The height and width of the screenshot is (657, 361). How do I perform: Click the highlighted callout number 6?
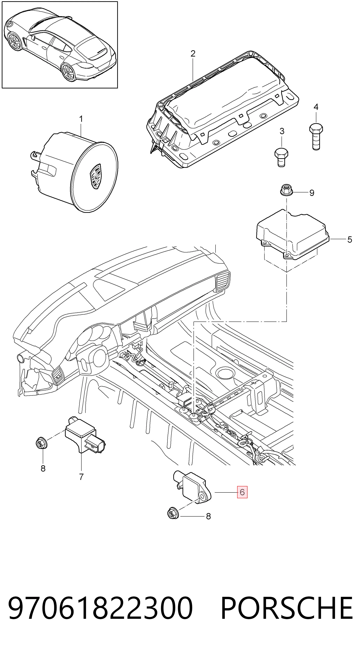[242, 492]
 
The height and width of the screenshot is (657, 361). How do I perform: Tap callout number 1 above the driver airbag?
[81, 119]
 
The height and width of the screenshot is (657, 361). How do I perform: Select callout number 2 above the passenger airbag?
[193, 54]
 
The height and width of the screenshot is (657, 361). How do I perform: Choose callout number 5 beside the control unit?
[349, 240]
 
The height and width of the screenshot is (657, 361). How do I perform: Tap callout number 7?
[81, 477]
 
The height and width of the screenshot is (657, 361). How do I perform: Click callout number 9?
[312, 193]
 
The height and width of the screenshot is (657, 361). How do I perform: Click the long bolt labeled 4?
[316, 137]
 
